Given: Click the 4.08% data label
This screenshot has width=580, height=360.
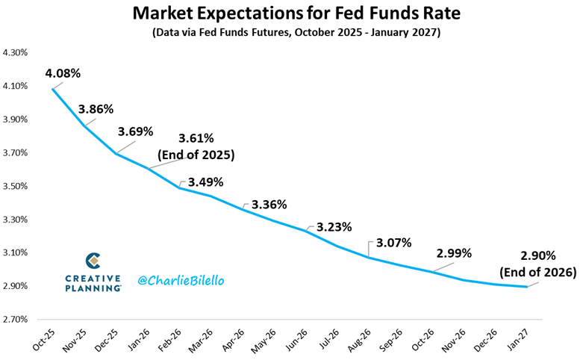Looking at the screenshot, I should pos(63,73).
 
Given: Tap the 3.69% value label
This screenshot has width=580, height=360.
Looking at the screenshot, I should pos(135,131).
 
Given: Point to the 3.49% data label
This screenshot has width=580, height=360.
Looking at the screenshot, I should pos(205,182).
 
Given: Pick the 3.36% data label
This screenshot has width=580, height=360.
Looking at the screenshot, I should pos(269,205).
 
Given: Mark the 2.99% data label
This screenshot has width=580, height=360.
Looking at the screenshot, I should pos(453,253).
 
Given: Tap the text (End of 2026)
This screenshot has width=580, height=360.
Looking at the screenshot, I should pos(538,273).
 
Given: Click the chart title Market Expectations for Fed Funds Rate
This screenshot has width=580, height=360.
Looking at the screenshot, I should pos(290,13).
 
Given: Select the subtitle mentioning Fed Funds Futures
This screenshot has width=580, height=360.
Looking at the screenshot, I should pos(290,33).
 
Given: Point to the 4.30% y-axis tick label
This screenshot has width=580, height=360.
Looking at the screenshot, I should pos(16,53).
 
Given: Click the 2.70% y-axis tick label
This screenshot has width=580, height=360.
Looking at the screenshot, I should pos(16,320).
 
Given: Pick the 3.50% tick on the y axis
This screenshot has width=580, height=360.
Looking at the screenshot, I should pos(16,187).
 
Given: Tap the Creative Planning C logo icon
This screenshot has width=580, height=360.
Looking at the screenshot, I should pos(93,260).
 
